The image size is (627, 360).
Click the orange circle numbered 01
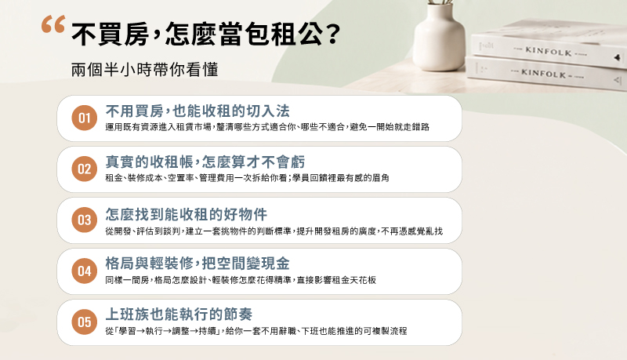pos(85,118)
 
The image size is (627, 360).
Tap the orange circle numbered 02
pos(85,169)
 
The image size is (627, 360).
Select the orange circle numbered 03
pos(85,220)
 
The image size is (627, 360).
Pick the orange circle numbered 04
pos(85,271)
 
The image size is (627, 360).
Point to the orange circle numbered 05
pos(85,322)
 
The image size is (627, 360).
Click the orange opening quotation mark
pos(53,24)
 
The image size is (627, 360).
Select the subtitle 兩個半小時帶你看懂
pos(145,70)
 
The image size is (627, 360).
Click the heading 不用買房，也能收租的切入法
pos(198,111)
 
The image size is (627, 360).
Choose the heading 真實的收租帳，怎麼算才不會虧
pos(205,162)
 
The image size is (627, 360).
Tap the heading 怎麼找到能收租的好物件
pos(187,214)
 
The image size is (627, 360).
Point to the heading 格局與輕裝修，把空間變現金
pos(198,264)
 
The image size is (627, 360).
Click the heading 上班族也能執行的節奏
pos(179,315)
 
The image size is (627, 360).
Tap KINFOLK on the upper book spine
pos(548,51)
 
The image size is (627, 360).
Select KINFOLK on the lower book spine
pos(543,73)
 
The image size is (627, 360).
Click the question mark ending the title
pos(332,34)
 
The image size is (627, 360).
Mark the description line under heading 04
pos(241,280)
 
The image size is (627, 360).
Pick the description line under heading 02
pos(247,177)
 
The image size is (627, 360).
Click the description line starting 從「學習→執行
pos(256,331)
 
